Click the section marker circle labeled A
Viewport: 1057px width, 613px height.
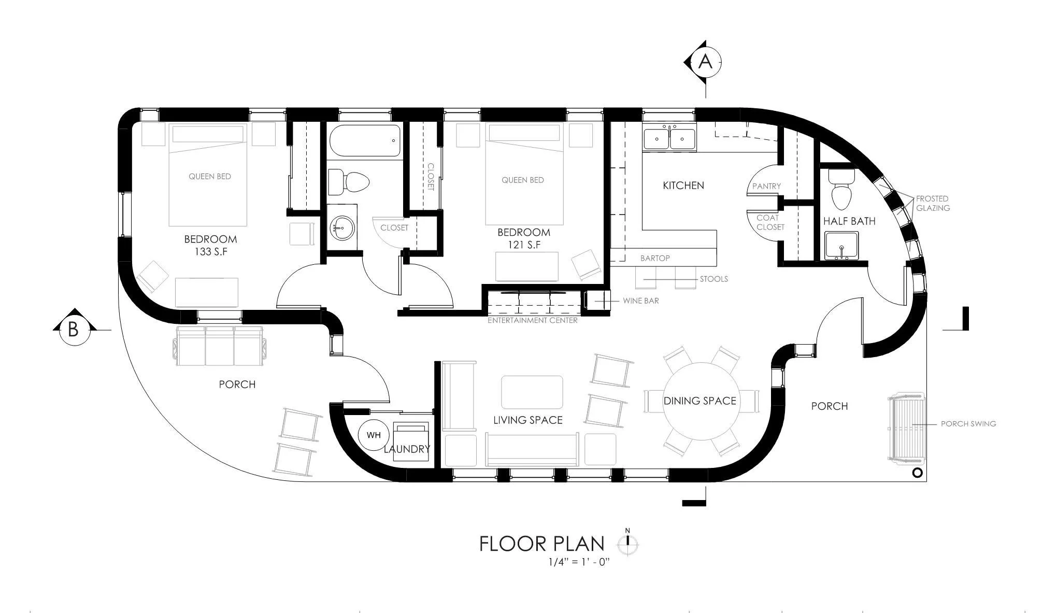[705, 62]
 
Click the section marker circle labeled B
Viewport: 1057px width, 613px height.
[73, 330]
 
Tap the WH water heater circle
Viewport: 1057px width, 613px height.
[374, 435]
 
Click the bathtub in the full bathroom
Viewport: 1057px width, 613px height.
[365, 140]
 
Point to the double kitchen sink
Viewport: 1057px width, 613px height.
[669, 138]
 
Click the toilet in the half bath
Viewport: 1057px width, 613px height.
[841, 189]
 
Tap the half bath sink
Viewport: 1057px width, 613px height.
[841, 246]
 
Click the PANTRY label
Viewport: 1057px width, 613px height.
[766, 186]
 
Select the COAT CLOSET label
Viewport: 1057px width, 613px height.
[770, 222]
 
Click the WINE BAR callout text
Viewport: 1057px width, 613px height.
[641, 301]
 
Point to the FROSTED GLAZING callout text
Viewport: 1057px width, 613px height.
[933, 203]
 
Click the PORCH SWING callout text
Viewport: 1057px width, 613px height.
[968, 423]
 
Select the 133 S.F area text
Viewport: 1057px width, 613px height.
[210, 252]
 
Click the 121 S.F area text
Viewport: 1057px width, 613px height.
[523, 245]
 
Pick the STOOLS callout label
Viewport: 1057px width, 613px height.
[714, 279]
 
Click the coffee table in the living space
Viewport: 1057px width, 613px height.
[532, 392]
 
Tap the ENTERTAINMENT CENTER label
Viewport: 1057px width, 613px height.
[533, 320]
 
